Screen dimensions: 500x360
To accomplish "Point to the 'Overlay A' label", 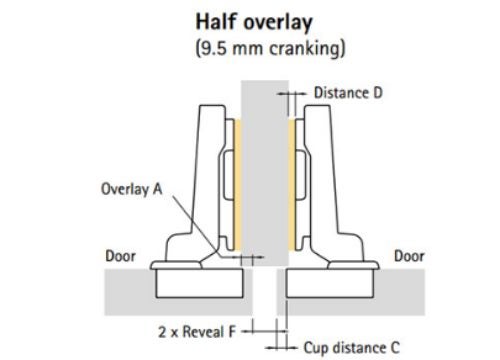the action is [x=130, y=187].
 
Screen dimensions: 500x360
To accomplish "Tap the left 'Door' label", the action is [x=121, y=257].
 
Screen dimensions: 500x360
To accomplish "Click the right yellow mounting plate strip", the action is [x=290, y=185].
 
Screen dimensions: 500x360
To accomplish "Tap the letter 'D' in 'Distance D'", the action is [x=379, y=93].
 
